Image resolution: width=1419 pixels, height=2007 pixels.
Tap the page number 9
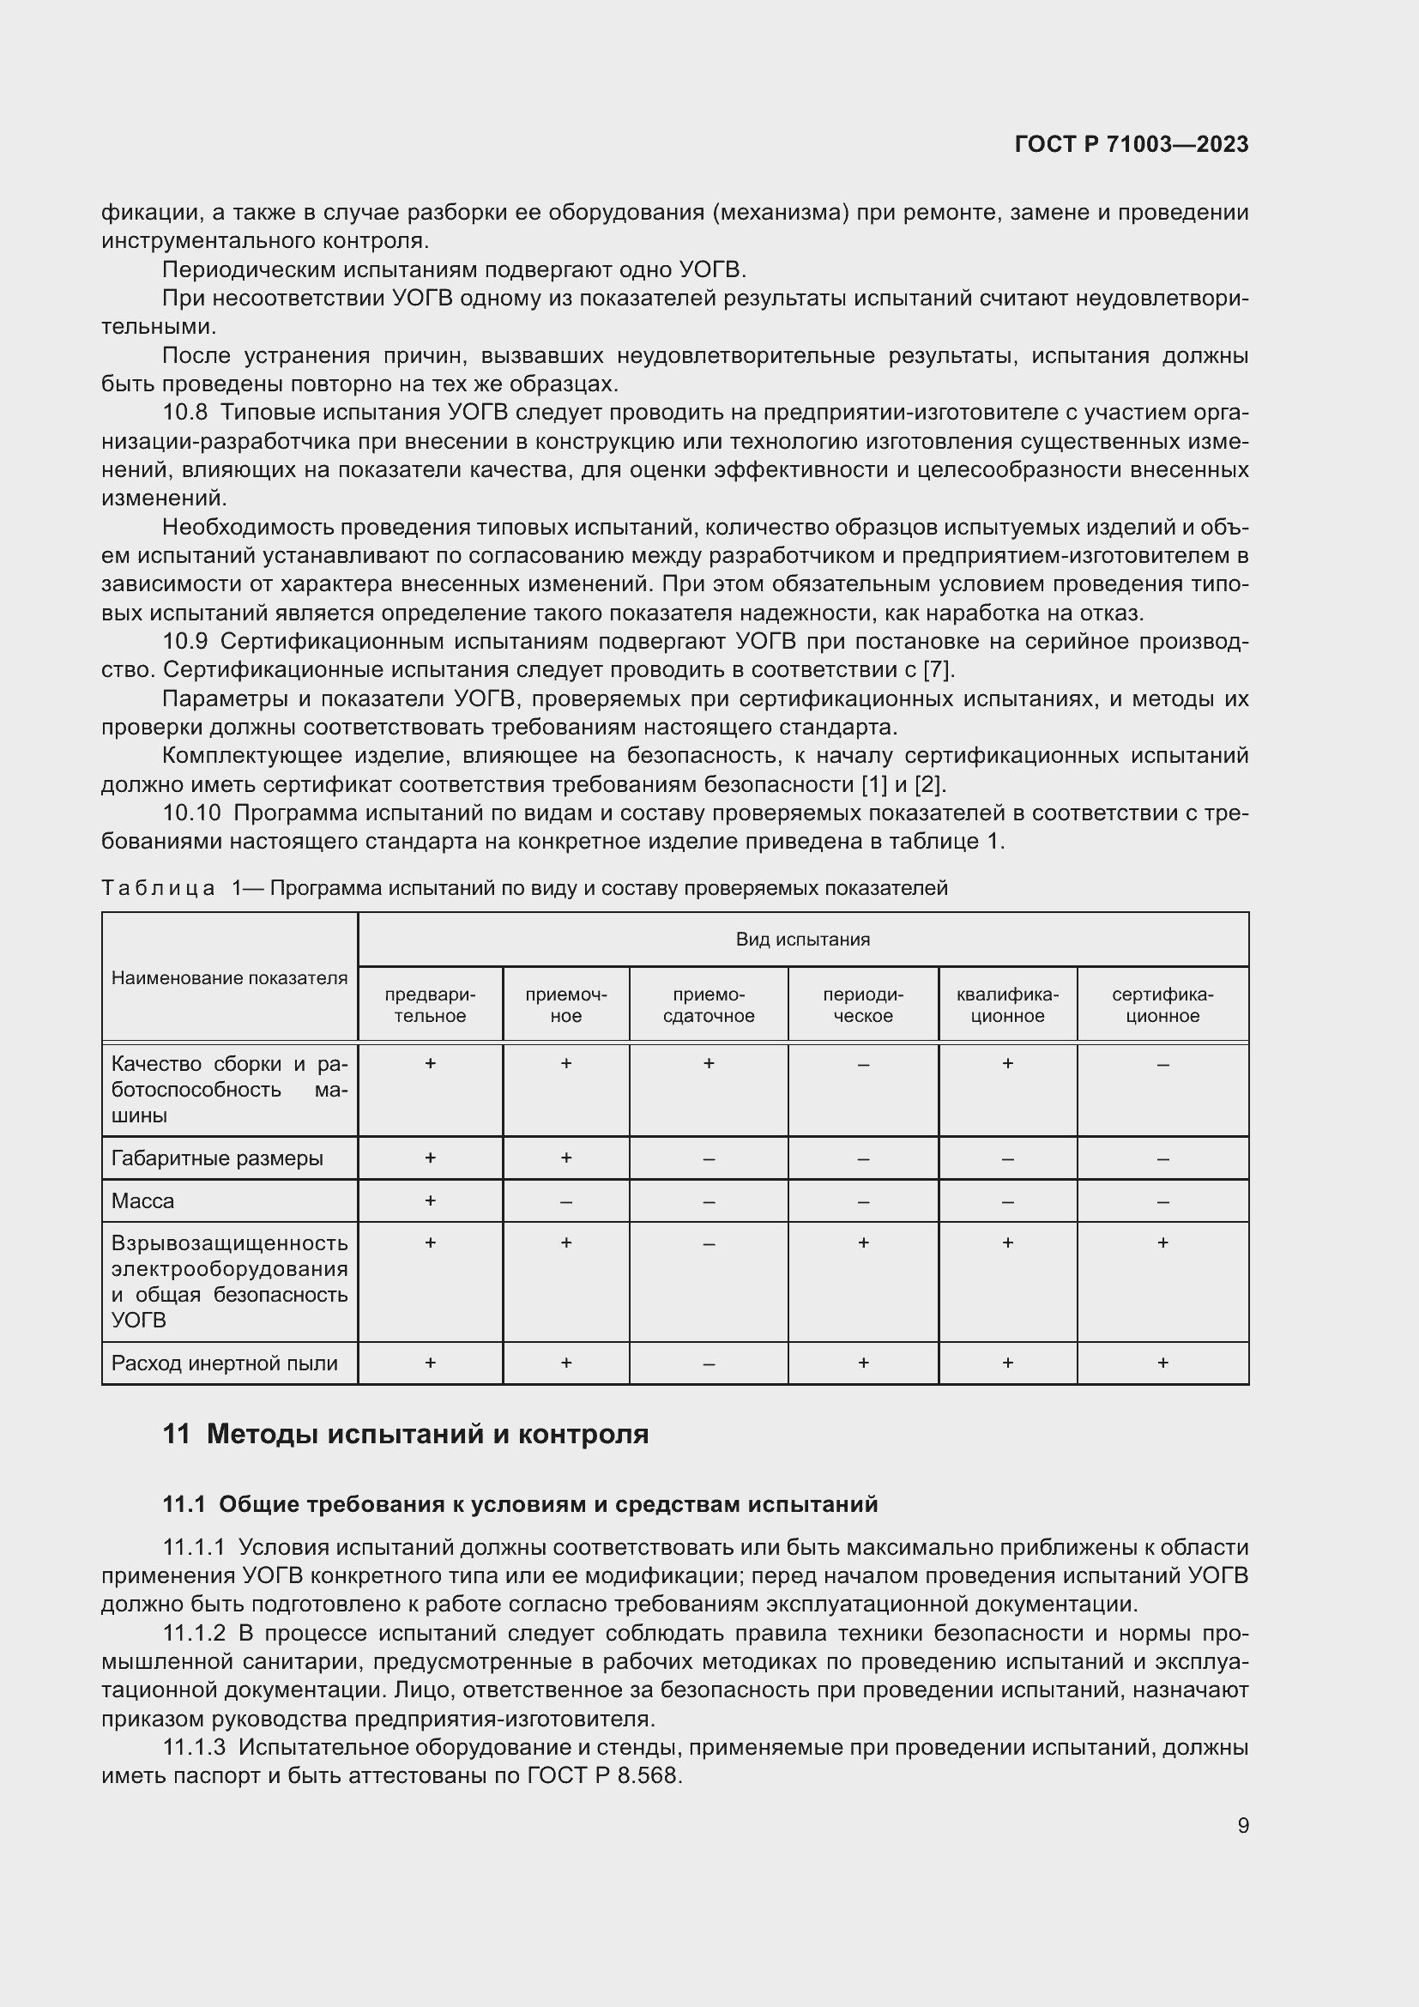[1242, 1825]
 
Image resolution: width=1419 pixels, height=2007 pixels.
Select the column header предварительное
[430, 1006]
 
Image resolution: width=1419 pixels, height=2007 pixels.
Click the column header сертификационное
[1162, 1006]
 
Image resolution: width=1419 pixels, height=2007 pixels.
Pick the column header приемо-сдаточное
[708, 1006]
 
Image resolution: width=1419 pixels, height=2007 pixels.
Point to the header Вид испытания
[802, 940]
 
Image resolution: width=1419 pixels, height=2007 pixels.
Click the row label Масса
[142, 1201]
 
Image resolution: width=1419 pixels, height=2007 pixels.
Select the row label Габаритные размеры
[217, 1158]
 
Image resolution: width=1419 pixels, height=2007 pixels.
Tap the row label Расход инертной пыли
[224, 1363]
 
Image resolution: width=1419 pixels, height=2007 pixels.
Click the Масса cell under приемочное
[566, 1202]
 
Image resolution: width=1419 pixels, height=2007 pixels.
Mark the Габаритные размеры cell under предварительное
[430, 1158]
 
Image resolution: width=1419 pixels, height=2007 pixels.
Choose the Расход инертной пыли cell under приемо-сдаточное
[708, 1363]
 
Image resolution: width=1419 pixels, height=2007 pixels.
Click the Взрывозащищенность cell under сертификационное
[1162, 1243]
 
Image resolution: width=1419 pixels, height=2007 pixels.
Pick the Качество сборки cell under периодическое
[862, 1065]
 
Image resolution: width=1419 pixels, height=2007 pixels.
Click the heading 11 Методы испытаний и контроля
[406, 1435]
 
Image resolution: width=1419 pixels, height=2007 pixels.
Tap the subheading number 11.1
[184, 1504]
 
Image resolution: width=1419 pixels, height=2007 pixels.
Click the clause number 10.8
[184, 413]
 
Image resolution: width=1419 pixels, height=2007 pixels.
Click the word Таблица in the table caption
[157, 888]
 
